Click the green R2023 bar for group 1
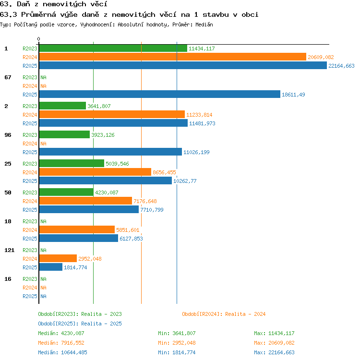point(113,48)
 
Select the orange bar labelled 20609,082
point(173,57)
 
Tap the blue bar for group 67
point(160,95)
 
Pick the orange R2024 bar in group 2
point(112,114)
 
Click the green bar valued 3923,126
point(64,135)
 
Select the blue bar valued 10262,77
point(106,180)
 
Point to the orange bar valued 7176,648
point(85,201)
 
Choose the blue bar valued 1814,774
point(50,267)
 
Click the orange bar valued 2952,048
point(58,258)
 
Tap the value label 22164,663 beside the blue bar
point(341,66)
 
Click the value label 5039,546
point(117,164)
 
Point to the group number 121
point(10,250)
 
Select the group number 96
point(8,135)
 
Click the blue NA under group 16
point(43,296)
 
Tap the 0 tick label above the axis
point(39,39)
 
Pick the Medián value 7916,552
point(73,343)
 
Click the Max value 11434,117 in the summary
point(281,333)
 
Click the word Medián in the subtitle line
point(204,24)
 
